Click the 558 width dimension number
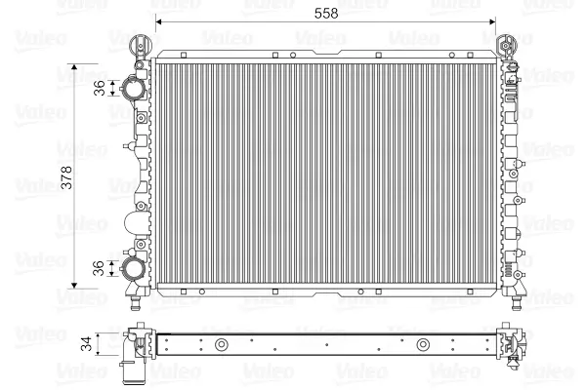click(x=326, y=14)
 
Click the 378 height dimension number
click(x=66, y=177)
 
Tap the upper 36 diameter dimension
click(x=100, y=88)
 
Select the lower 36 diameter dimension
click(x=99, y=268)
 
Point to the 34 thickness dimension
click(x=86, y=344)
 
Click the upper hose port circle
click(x=134, y=88)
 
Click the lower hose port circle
click(x=134, y=268)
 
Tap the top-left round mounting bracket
click(x=141, y=46)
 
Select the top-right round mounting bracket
click(x=506, y=46)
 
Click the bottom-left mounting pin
click(x=135, y=302)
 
